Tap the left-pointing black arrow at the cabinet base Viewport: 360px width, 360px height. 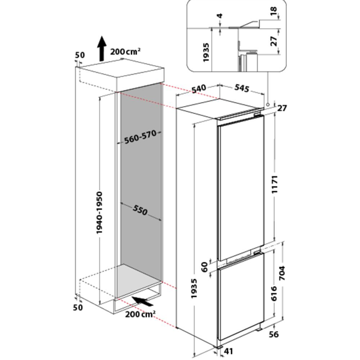pyautogui.click(x=142, y=298)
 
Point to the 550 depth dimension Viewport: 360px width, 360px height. pyautogui.click(x=140, y=211)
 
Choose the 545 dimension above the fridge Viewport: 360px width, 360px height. pyautogui.click(x=241, y=88)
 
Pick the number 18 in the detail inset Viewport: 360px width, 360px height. pyautogui.click(x=289, y=14)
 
